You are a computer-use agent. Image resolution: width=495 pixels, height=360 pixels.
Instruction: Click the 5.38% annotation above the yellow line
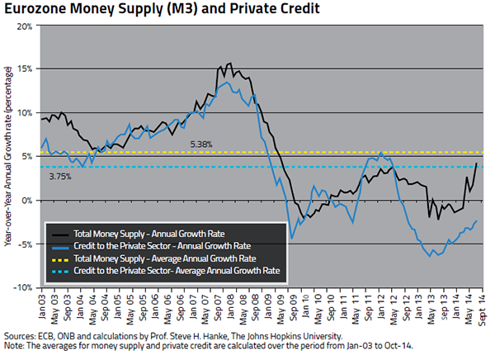[201, 144]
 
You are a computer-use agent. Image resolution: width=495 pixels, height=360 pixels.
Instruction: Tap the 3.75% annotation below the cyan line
[60, 176]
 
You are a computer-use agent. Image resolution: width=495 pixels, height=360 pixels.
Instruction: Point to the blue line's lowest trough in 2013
[430, 256]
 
